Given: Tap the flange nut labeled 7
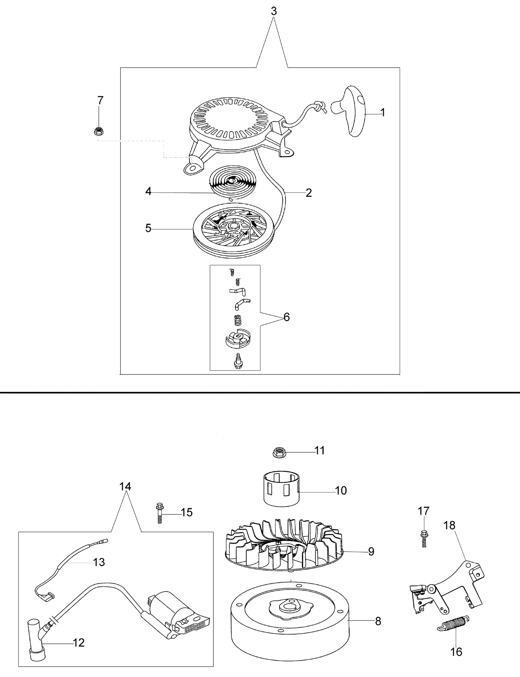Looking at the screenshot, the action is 99,131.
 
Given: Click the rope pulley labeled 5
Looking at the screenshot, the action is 234,233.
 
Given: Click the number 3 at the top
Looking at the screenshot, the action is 274,11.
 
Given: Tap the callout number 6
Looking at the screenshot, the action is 287,317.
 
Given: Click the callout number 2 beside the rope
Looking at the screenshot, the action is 309,193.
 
